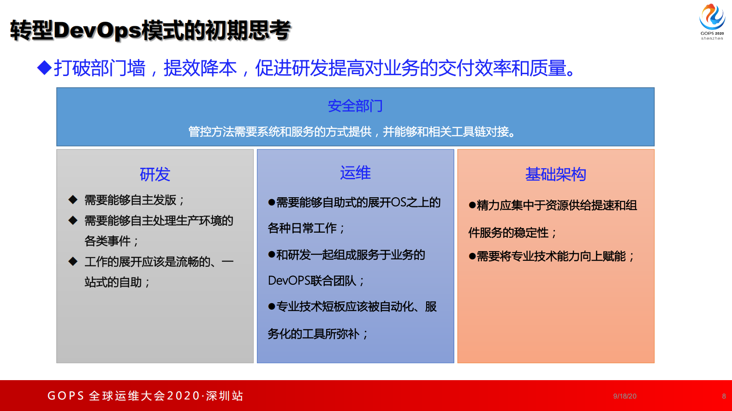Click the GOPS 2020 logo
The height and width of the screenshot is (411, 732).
pos(712,21)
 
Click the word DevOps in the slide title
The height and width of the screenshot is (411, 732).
pos(97,30)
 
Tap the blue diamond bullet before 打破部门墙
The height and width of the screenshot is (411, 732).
pos(44,68)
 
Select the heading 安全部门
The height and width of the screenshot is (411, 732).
pos(355,106)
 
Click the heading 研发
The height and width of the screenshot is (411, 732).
pos(155,175)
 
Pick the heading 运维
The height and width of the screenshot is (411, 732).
pos(355,173)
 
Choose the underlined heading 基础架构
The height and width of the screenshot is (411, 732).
pos(555,175)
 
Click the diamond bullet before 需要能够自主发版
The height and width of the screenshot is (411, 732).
pos(73,200)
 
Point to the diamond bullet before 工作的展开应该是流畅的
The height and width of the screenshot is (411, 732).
pos(73,261)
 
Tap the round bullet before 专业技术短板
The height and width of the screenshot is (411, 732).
pos(272,306)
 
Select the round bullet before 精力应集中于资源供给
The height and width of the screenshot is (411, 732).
pos(472,205)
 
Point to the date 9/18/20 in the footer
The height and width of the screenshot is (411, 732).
pos(625,396)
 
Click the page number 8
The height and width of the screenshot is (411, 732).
pos(724,396)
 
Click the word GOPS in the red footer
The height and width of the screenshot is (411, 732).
pos(65,396)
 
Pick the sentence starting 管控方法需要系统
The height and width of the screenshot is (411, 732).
pos(351,132)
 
